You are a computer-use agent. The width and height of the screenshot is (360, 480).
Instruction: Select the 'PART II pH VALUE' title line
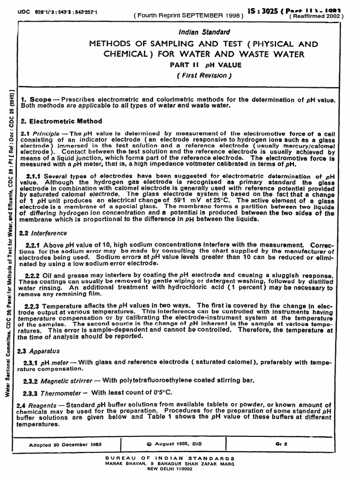pos(208,66)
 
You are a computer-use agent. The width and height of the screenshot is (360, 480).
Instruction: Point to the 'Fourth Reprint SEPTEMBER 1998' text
pos(189,15)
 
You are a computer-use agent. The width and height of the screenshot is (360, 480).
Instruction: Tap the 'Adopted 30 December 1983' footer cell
pos(66,444)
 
